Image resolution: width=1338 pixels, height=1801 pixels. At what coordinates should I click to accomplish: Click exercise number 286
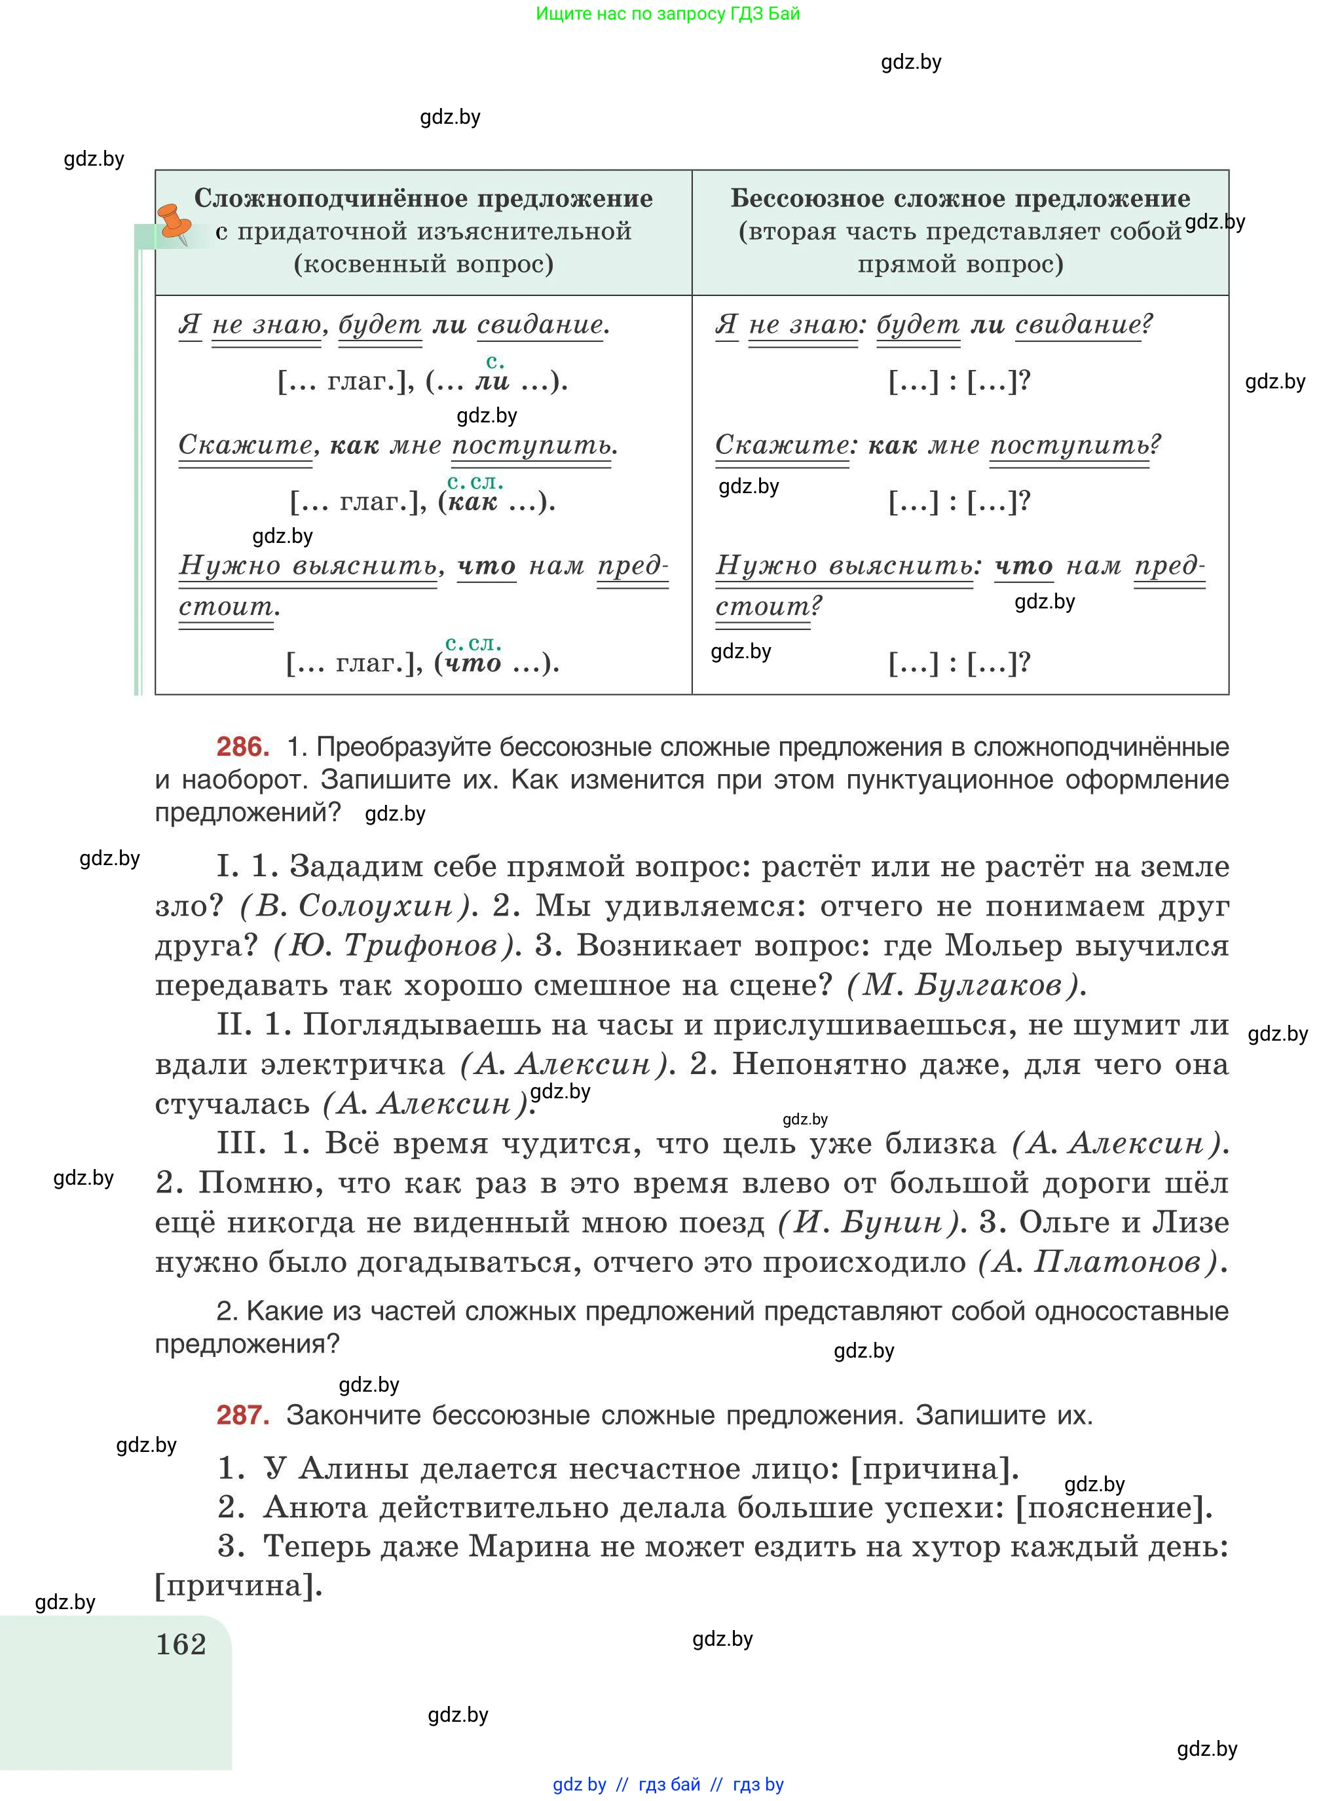(242, 746)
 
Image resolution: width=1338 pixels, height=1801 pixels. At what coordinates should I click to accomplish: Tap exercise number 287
(242, 1415)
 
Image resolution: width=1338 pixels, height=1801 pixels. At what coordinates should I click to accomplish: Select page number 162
(181, 1644)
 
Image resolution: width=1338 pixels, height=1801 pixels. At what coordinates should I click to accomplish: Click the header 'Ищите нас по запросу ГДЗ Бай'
(667, 14)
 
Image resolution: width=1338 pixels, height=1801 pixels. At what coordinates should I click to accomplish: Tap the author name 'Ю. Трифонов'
(397, 946)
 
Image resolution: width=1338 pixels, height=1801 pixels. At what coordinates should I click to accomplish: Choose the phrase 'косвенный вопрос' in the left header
(424, 264)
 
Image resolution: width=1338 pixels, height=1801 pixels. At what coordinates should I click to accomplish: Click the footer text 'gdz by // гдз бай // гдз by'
(668, 1785)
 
